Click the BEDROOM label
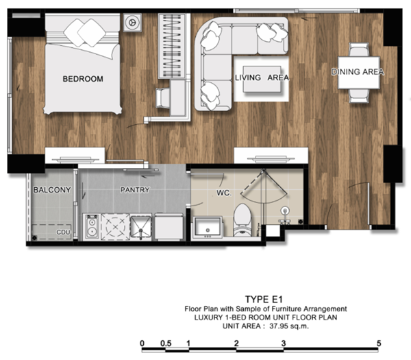[83, 79]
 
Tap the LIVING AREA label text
[262, 77]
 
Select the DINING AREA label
[358, 71]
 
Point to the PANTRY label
[135, 189]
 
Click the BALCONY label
[52, 190]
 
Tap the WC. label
[224, 193]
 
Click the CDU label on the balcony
[64, 232]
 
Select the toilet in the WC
[242, 220]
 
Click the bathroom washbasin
[208, 228]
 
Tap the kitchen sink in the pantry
[140, 228]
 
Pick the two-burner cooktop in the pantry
[92, 227]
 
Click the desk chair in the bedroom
[163, 98]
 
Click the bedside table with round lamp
[132, 23]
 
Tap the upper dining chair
[359, 49]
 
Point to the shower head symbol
[285, 211]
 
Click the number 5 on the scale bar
[379, 343]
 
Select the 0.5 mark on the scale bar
[166, 344]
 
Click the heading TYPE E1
[264, 300]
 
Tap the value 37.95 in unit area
[279, 326]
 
